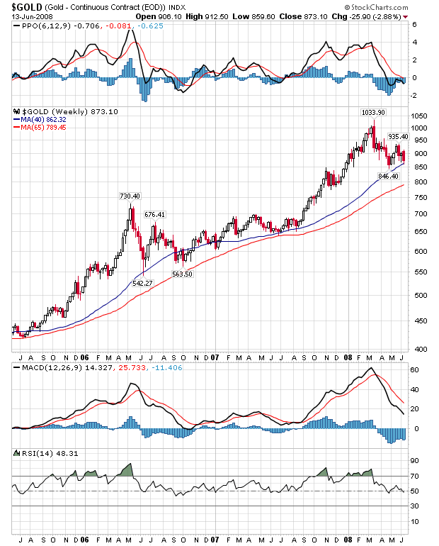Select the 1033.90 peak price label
click(x=373, y=112)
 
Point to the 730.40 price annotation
click(x=130, y=196)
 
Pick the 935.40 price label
click(x=398, y=136)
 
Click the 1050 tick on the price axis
click(x=421, y=115)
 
